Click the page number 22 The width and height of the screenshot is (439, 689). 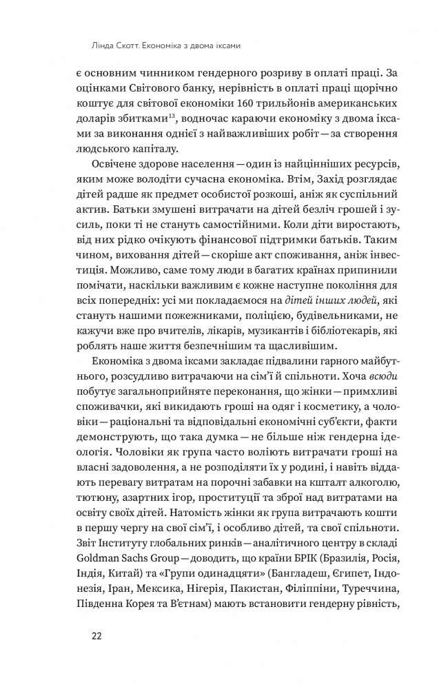click(96, 636)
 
